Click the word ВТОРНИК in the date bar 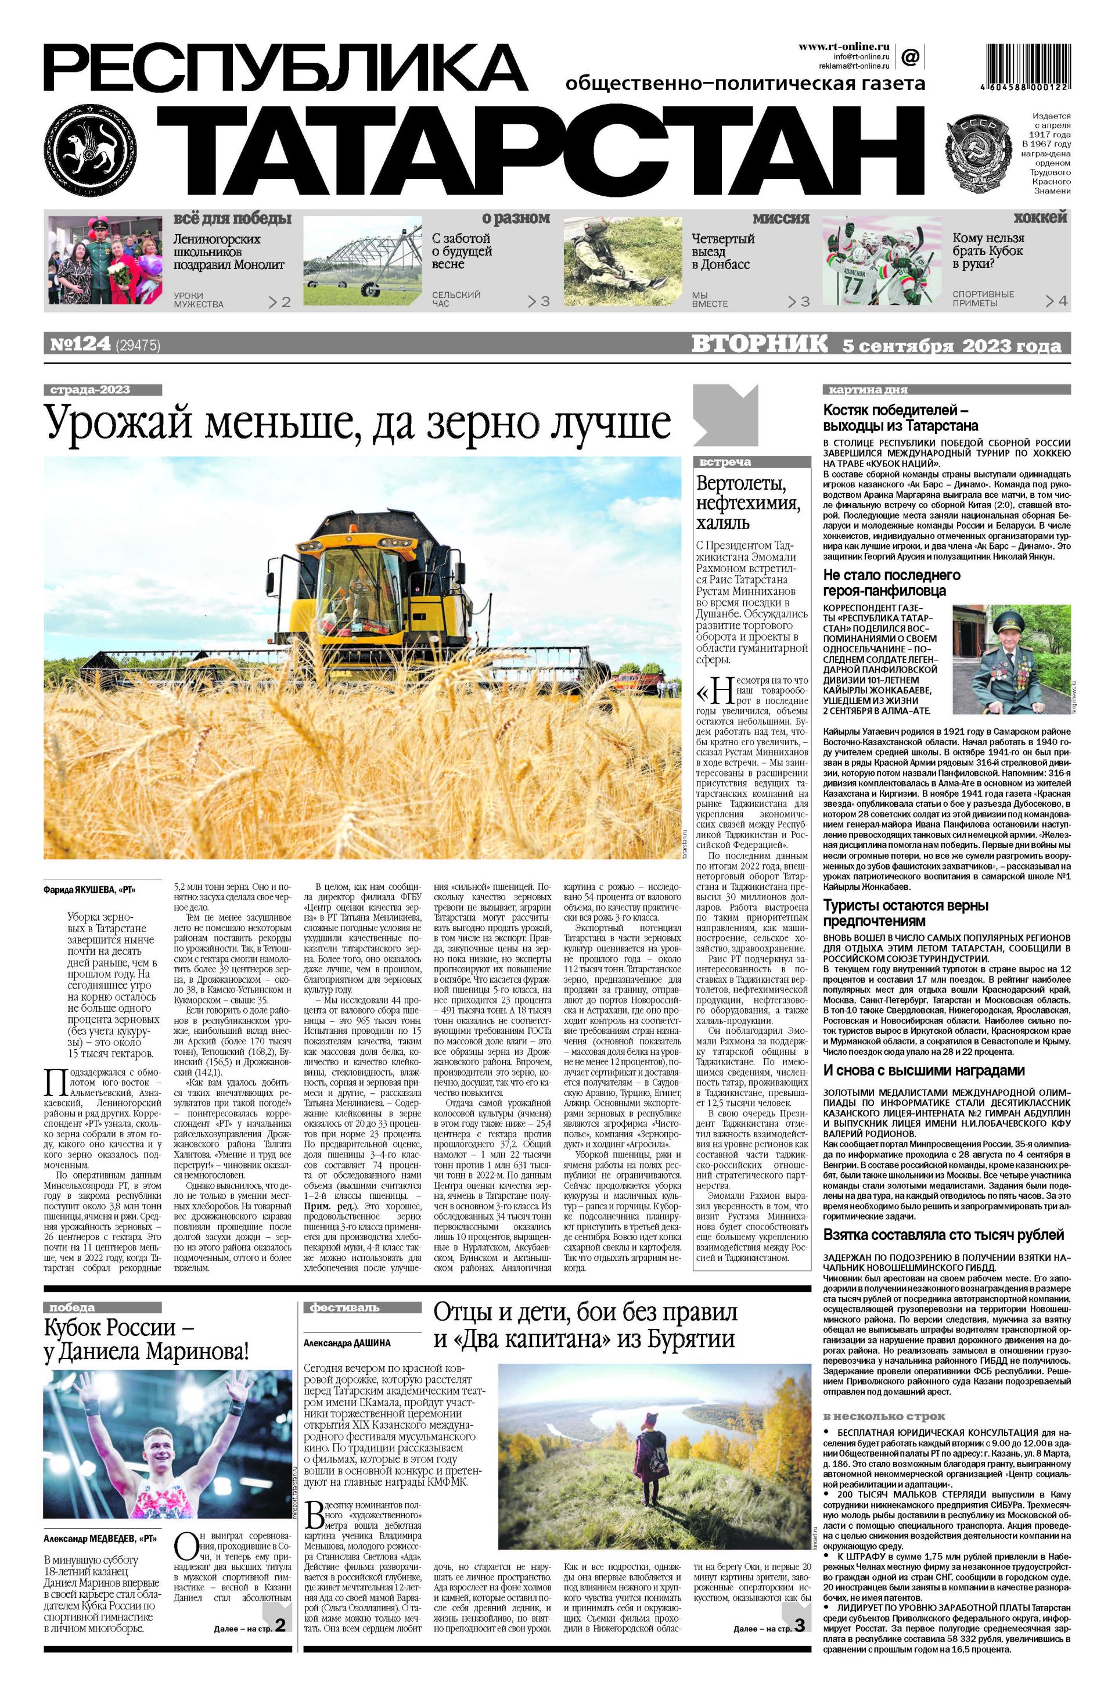click(x=760, y=345)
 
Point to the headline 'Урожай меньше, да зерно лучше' click(x=358, y=423)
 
